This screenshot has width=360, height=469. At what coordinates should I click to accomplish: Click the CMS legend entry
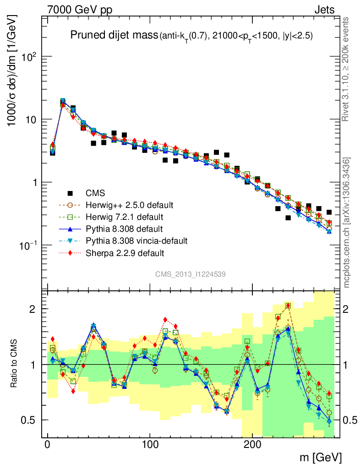pos(95,193)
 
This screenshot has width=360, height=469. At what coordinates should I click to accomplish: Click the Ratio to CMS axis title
pos(15,364)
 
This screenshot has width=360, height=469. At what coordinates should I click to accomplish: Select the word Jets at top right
pos(324,10)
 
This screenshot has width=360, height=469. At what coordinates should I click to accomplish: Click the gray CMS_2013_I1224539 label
pos(190,274)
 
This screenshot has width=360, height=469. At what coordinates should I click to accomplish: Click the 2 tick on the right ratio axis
pos(347,309)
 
